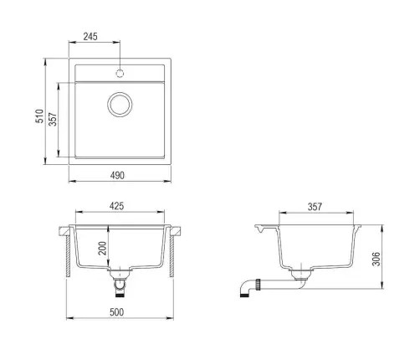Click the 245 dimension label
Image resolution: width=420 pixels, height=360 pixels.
click(90, 37)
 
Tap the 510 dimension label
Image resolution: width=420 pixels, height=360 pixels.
click(39, 116)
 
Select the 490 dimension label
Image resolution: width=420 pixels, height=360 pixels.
click(117, 176)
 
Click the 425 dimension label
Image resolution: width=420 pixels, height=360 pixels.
click(116, 206)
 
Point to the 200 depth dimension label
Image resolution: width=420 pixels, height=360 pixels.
click(103, 248)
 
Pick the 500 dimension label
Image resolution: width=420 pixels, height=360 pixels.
click(116, 312)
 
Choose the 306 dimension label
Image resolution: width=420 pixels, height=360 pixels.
click(376, 259)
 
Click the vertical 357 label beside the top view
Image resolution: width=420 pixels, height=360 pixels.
click(53, 119)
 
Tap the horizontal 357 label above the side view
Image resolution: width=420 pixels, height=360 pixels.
click(315, 207)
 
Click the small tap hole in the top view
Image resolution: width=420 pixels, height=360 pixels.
click(120, 74)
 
